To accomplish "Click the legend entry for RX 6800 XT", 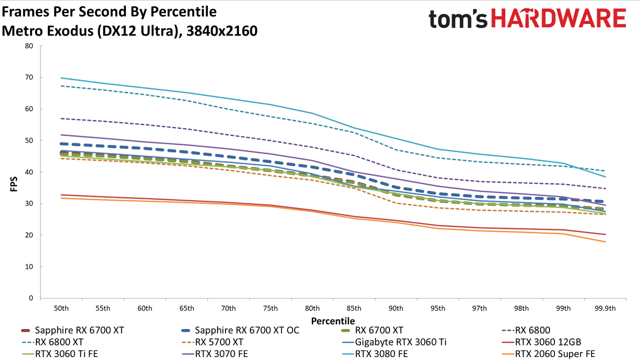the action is tap(52, 342).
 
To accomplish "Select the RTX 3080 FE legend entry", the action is tap(375, 353).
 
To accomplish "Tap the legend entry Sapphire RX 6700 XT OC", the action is tap(240, 330).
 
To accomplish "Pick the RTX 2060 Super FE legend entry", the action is tap(548, 353).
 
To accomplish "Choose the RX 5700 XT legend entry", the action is tap(212, 342).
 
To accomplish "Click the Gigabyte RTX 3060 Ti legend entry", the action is tap(394, 342).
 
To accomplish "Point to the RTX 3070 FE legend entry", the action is tap(215, 353).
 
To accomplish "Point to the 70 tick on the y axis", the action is tap(29, 77).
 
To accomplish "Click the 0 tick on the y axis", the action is tap(31, 298).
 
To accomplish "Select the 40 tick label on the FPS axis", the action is tap(29, 171).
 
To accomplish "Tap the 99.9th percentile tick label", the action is tap(605, 308).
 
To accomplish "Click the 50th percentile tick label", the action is tap(61, 308).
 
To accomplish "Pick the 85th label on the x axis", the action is tap(354, 308).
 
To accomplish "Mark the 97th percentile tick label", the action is tap(479, 308).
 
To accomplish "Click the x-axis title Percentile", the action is tap(333, 321).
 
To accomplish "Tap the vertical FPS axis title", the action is tap(13, 184).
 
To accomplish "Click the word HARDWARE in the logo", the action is tap(558, 18).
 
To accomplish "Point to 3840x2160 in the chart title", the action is tap(222, 31).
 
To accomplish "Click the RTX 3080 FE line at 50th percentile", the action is tap(61, 77).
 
